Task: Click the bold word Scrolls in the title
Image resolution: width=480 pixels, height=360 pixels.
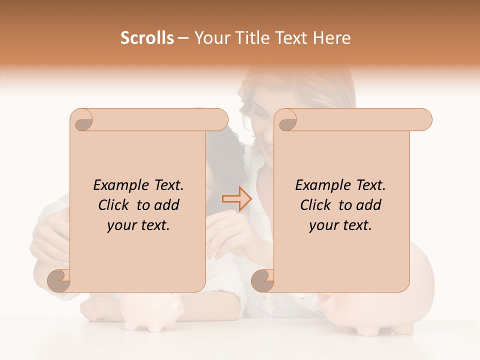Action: click(x=147, y=38)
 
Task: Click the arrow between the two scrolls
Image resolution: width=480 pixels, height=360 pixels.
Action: click(x=236, y=199)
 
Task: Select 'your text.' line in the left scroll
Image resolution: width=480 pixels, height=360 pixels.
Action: click(x=138, y=225)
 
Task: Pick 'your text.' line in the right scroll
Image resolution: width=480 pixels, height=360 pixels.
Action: click(x=340, y=225)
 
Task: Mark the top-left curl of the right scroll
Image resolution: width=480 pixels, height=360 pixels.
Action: click(x=286, y=120)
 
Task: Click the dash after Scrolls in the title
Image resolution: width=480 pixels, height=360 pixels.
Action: click(x=183, y=38)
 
